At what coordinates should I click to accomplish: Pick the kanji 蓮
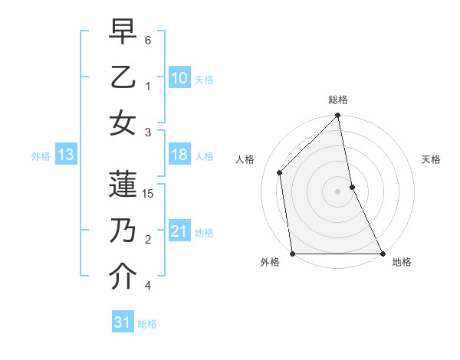[123, 184]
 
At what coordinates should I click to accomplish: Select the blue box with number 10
[179, 78]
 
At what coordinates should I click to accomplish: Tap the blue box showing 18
[179, 155]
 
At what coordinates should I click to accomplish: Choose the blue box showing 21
[179, 231]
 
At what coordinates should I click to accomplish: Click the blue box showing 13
[66, 155]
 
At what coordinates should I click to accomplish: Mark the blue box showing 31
[123, 322]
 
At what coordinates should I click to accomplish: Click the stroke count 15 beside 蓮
[149, 194]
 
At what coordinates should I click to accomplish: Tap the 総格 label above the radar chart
[338, 100]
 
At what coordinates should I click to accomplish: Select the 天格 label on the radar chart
[431, 159]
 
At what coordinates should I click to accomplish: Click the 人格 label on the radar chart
[245, 159]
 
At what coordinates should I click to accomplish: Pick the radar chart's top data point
[338, 116]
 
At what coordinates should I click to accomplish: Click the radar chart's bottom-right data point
[383, 253]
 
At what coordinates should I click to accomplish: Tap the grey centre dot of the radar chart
[338, 191]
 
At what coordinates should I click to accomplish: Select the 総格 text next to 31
[147, 324]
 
